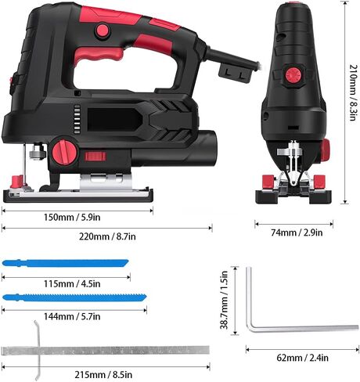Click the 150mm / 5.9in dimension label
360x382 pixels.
point(72,217)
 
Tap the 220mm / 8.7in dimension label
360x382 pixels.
point(107,236)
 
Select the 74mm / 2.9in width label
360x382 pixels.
point(297,232)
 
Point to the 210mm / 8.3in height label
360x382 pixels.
point(353,92)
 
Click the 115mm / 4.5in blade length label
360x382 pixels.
point(72,283)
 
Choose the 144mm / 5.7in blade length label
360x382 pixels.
point(72,316)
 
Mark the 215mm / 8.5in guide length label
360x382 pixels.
point(103,375)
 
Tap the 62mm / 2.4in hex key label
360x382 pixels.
point(302,358)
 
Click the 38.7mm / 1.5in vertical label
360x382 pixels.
point(224,300)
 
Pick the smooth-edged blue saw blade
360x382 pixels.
point(65,263)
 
